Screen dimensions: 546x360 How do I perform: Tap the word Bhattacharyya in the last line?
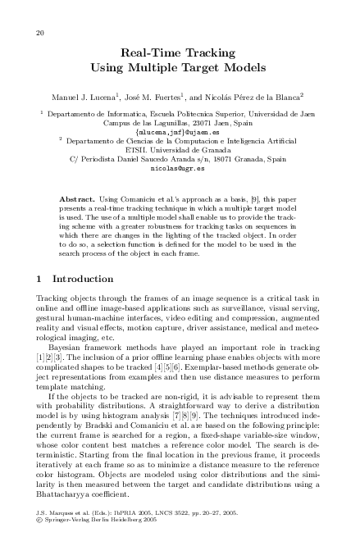pos(66,496)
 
